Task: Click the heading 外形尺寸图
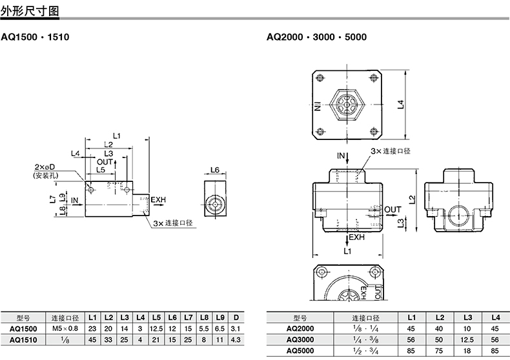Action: pyautogui.click(x=30, y=11)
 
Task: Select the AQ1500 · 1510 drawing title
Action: pyautogui.click(x=35, y=37)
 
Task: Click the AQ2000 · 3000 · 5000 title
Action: pyautogui.click(x=316, y=37)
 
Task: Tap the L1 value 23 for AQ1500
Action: pyautogui.click(x=92, y=329)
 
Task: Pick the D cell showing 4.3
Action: pyautogui.click(x=236, y=340)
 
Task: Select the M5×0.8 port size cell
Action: pyautogui.click(x=65, y=328)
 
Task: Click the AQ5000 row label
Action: pyautogui.click(x=300, y=350)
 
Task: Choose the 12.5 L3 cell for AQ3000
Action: pyautogui.click(x=467, y=339)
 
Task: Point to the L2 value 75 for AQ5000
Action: pyautogui.click(x=439, y=350)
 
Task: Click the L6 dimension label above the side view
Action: pyautogui.click(x=215, y=170)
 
